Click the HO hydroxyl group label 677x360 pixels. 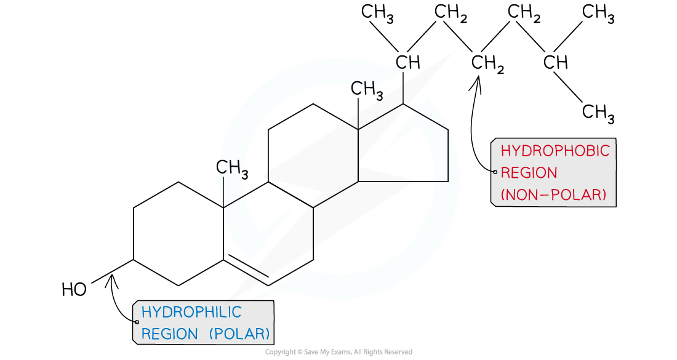[x=74, y=289]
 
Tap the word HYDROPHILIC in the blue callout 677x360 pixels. [x=191, y=311]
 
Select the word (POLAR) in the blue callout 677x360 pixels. [x=239, y=334]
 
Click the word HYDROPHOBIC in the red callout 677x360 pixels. [x=555, y=151]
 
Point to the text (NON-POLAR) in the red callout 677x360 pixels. [x=553, y=194]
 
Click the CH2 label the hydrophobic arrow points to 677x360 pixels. [x=487, y=63]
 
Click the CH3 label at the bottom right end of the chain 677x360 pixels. [x=598, y=113]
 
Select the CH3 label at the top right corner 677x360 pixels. [x=598, y=13]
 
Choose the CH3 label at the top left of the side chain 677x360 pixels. [x=377, y=13]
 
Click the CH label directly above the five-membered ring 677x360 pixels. [x=407, y=63]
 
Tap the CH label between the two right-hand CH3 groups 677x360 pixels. [x=555, y=63]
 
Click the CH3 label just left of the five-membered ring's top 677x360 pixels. [x=367, y=89]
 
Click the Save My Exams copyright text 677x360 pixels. [x=338, y=352]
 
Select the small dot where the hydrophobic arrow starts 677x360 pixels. [x=495, y=172]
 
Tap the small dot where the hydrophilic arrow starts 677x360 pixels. [x=137, y=322]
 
